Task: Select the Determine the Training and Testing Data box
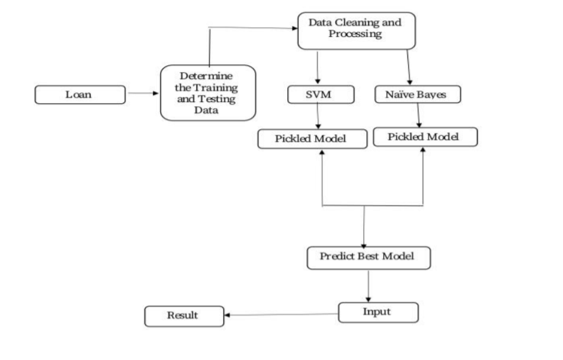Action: pos(208,92)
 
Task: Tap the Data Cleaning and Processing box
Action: pos(357,30)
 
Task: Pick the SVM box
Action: pos(319,95)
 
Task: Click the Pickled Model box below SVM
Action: pos(312,139)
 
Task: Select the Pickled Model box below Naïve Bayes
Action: pos(425,137)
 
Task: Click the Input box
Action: pos(378,312)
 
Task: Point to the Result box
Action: pos(184,316)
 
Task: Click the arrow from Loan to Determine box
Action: pos(144,94)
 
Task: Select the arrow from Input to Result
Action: pos(281,314)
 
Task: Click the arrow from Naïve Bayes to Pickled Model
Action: pos(419,115)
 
